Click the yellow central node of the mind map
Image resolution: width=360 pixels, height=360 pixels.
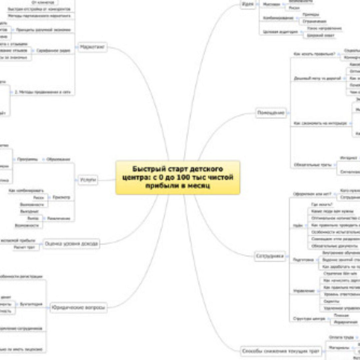pos(178,177)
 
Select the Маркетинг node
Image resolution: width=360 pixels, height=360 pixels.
pos(92,47)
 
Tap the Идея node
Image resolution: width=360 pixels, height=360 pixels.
pos(247,4)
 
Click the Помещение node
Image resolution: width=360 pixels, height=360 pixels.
pos(271,113)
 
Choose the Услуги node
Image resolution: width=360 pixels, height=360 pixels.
pos(88,180)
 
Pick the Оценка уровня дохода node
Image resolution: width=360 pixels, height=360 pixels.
pos(71,244)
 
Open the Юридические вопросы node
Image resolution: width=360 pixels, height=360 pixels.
pos(78,308)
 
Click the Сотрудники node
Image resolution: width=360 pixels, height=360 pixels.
pos(270,256)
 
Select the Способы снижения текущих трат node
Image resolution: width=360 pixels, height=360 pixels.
pos(281,351)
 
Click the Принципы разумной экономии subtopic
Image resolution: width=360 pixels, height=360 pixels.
pos(44,30)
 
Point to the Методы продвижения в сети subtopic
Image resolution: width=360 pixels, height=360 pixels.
pos(43,92)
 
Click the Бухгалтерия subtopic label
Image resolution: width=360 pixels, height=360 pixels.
pos(31,304)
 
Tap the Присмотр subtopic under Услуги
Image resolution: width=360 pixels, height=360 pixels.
pos(61,197)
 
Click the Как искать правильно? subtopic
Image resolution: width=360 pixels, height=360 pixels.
pos(314,54)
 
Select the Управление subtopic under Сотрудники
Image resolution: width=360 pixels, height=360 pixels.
pos(304,291)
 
